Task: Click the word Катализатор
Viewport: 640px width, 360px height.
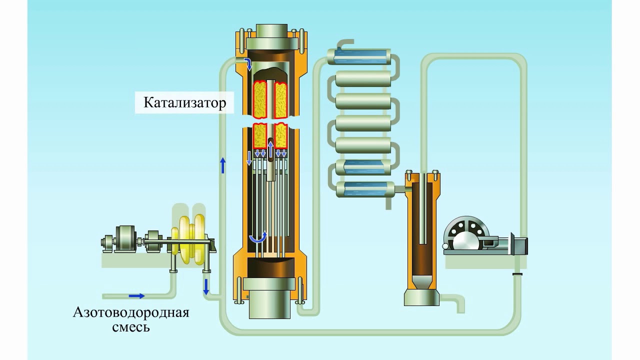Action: tap(184, 102)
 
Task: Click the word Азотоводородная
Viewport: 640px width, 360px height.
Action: tap(131, 312)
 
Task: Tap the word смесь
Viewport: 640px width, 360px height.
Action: tap(131, 327)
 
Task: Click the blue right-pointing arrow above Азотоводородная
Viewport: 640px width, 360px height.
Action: tap(136, 296)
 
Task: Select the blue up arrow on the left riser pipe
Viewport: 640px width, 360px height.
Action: tap(223, 165)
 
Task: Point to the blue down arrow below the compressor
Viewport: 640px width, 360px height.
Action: tap(206, 287)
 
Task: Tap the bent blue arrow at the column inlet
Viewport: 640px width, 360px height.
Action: tap(247, 63)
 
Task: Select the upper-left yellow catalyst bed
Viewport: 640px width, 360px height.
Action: tap(260, 99)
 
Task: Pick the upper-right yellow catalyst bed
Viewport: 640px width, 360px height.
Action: tap(280, 99)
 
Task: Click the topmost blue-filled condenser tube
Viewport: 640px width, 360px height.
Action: tap(359, 56)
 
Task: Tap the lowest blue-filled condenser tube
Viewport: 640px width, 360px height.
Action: tap(365, 189)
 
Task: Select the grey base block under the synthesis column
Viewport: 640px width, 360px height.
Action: tap(269, 298)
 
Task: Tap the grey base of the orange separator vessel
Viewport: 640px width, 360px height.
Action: tap(421, 297)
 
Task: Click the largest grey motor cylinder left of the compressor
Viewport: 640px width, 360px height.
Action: tap(124, 239)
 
